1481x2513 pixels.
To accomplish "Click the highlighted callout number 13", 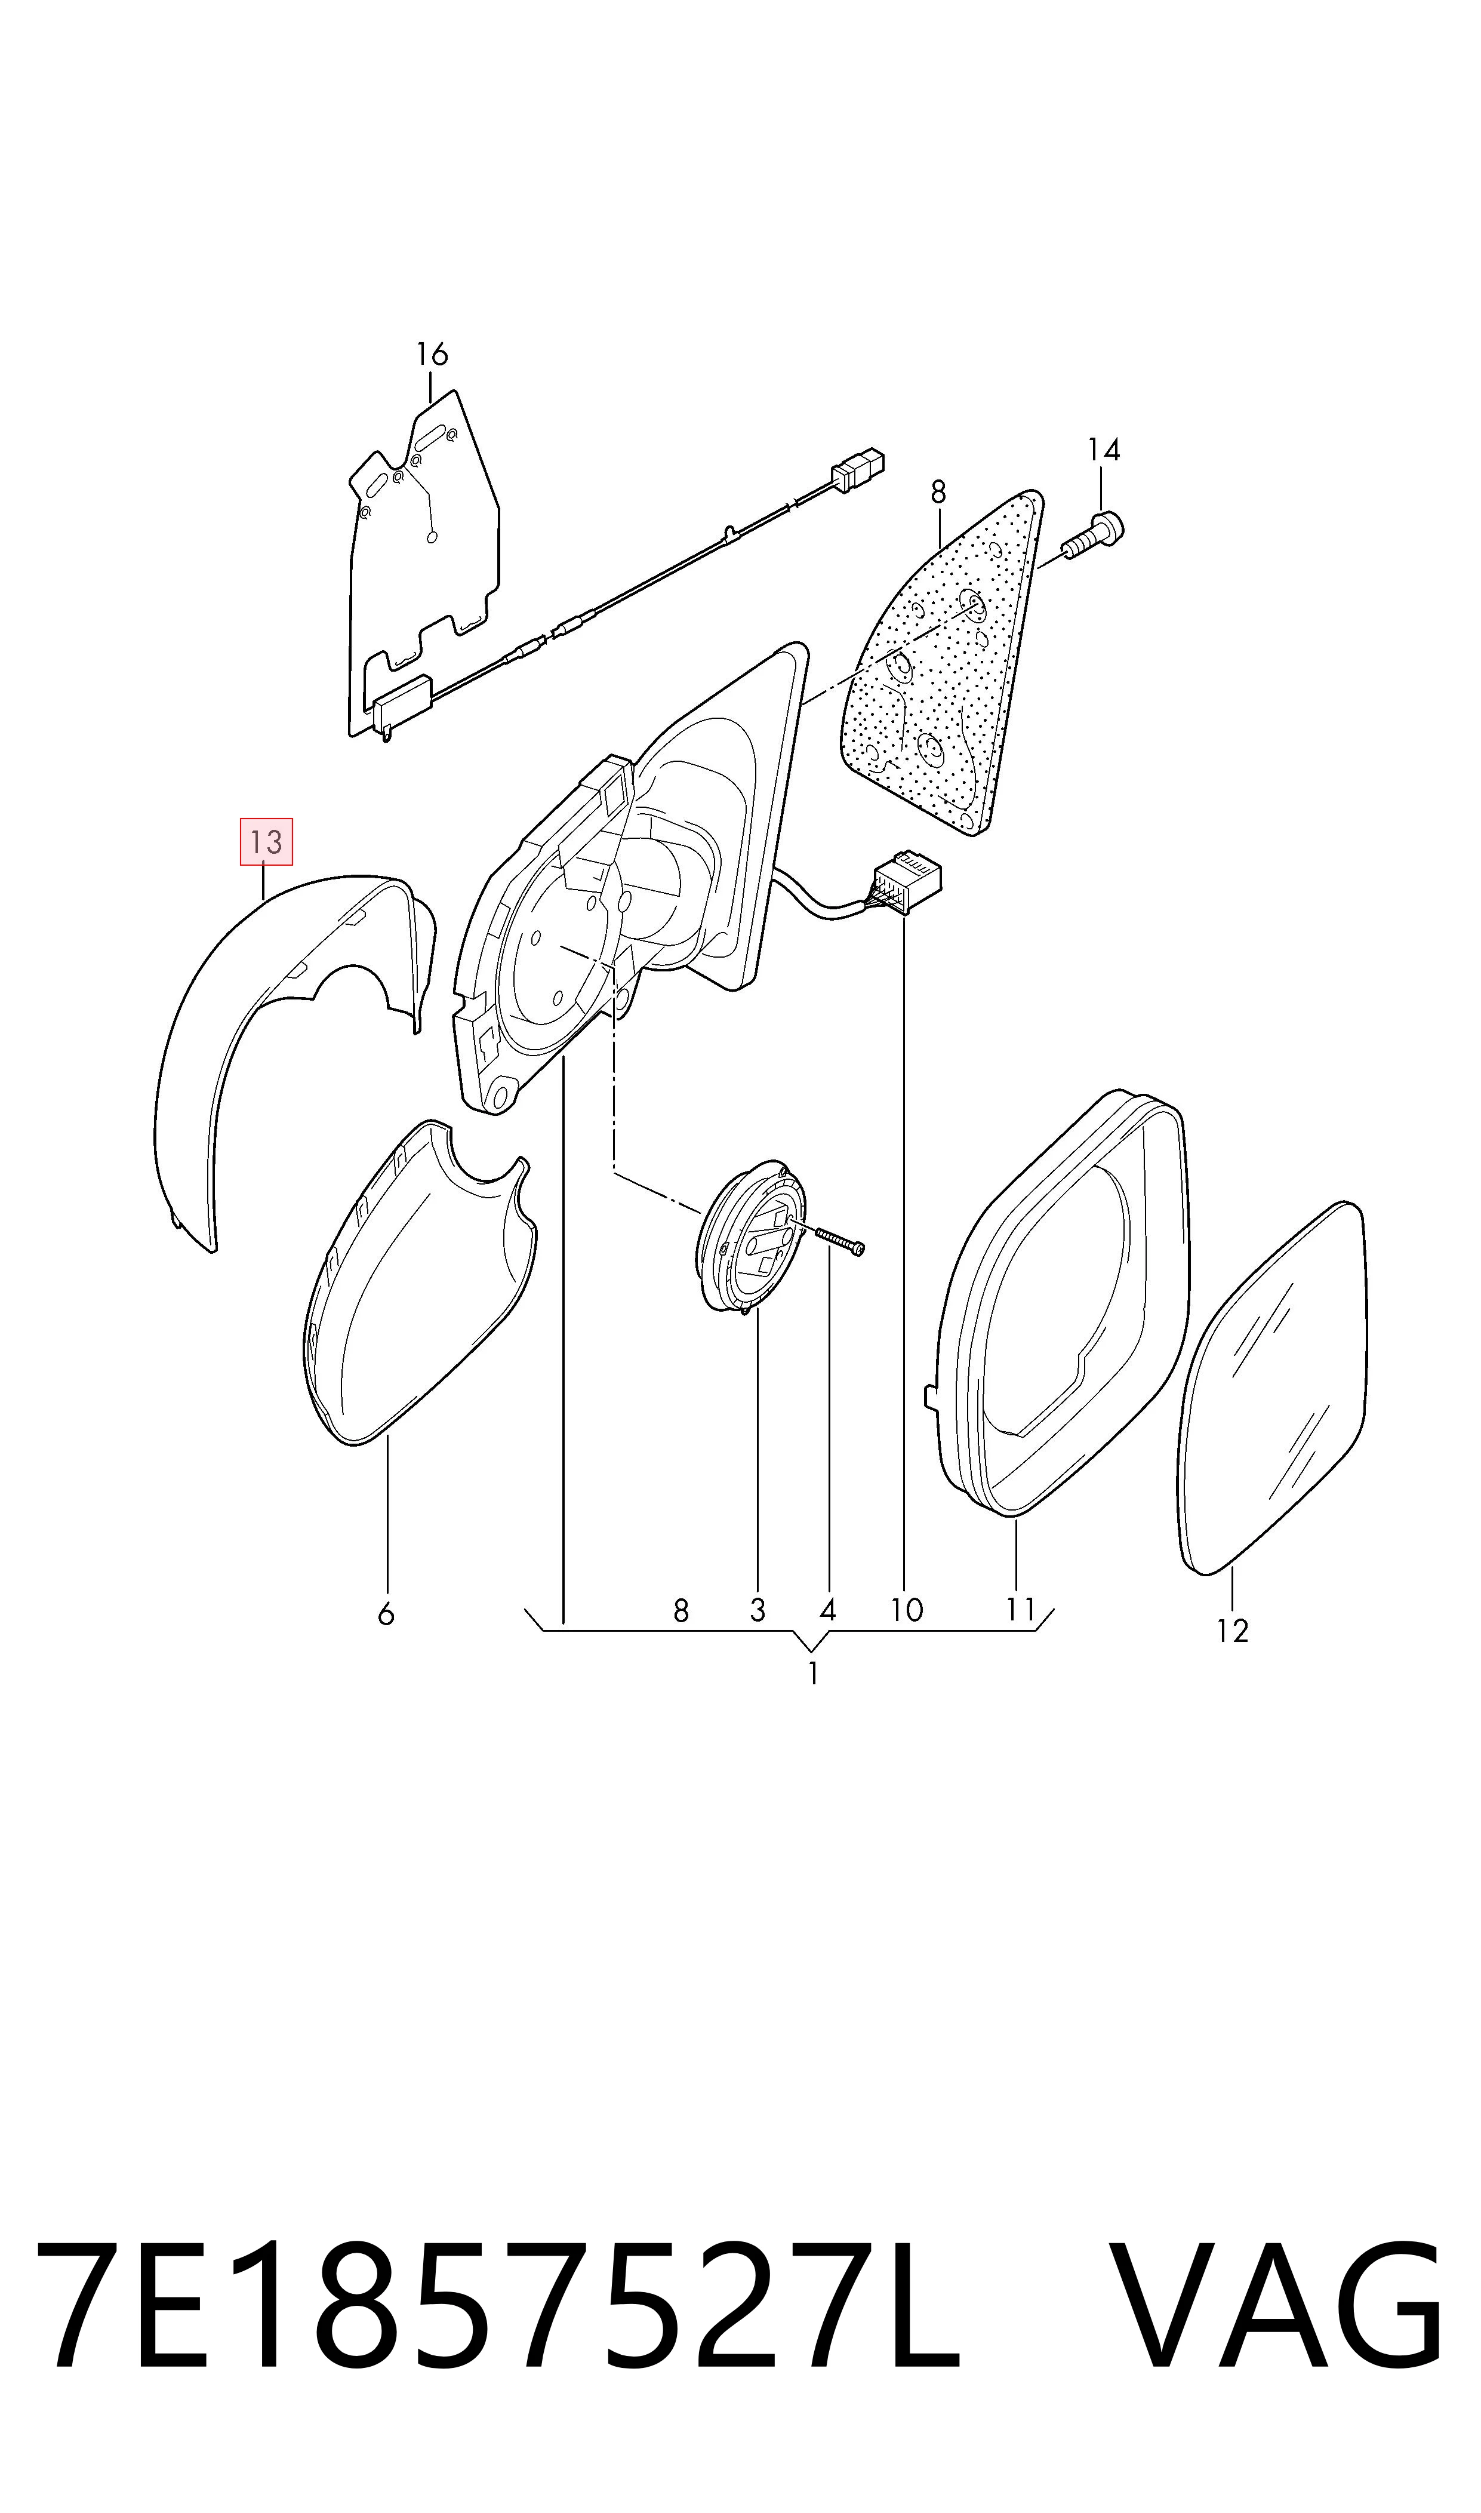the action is coord(266,841).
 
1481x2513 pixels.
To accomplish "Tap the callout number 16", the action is coord(432,354).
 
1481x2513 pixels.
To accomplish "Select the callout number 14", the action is coord(1104,450).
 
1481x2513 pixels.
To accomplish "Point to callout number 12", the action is coord(1233,1631).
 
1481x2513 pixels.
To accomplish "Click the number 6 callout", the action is coord(386,1614).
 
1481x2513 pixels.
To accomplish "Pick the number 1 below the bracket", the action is coord(814,1674).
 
